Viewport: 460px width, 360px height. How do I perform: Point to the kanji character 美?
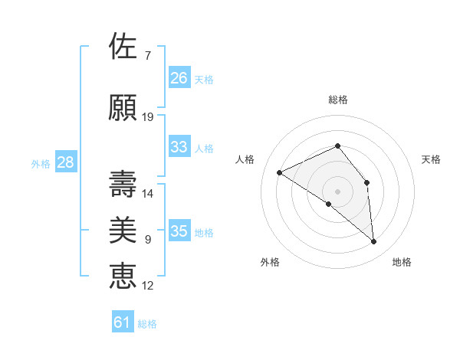click(123, 230)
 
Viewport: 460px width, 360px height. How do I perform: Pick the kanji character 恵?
click(123, 276)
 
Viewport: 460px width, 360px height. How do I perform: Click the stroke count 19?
click(148, 117)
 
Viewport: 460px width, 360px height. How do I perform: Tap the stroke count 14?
click(148, 194)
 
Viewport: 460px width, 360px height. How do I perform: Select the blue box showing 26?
click(179, 78)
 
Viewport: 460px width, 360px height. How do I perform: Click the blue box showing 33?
click(179, 147)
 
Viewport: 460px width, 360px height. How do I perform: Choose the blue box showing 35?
click(179, 231)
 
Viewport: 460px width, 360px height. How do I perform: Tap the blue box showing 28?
click(65, 162)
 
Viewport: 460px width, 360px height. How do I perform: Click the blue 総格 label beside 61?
click(147, 324)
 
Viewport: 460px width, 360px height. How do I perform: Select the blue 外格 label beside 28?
click(41, 163)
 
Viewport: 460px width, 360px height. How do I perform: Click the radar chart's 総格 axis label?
click(337, 100)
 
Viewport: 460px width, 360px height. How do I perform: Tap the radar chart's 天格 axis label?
click(431, 159)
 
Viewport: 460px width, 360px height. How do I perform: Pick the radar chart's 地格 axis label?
click(402, 262)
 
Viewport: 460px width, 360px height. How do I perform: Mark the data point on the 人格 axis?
click(280, 172)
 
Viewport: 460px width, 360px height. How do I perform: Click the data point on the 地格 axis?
click(374, 242)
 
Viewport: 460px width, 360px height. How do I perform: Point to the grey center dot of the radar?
click(337, 191)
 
